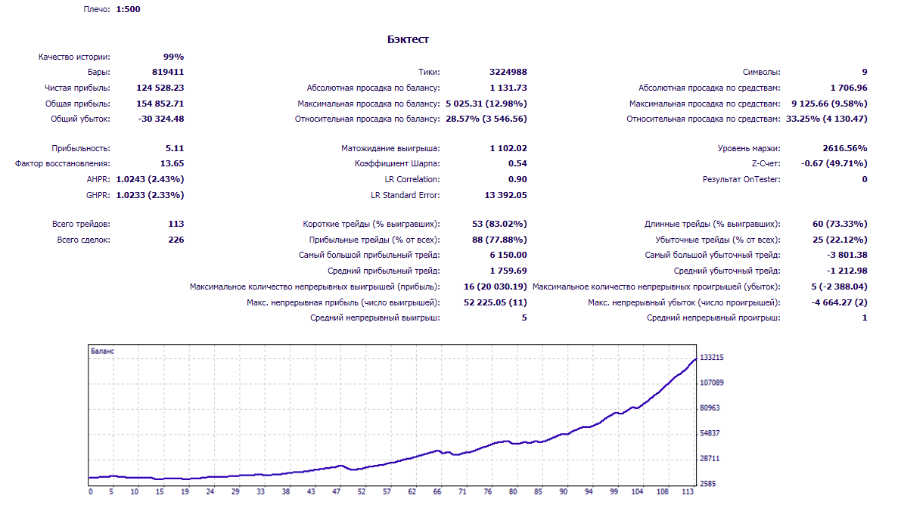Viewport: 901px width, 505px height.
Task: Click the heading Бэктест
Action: pos(408,39)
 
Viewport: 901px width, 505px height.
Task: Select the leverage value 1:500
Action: pos(128,9)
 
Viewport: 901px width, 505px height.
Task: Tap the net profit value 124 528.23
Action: pos(160,88)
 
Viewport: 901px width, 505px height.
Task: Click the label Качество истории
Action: pos(74,57)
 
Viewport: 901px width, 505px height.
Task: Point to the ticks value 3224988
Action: pos(508,73)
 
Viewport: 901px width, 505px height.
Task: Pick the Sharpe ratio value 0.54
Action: pos(517,164)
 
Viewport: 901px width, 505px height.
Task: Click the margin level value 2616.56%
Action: pos(845,148)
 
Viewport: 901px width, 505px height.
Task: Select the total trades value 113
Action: pos(176,224)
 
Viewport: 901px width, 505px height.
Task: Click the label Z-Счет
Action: pos(766,164)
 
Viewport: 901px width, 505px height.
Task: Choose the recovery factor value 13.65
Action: pos(172,164)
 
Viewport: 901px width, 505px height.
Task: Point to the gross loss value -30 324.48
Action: pos(161,119)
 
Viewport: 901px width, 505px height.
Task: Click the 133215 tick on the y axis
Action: pos(711,358)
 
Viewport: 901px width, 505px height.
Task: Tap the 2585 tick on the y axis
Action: pos(708,484)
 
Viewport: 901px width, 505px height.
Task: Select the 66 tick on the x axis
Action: pos(437,492)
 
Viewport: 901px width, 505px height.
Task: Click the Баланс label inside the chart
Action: pos(102,351)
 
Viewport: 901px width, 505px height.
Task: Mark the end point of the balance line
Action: pos(696,359)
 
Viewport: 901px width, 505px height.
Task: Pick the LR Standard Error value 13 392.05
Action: pos(505,195)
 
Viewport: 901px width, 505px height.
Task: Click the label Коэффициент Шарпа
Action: pos(397,164)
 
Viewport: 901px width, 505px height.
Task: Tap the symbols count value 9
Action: pos(865,73)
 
